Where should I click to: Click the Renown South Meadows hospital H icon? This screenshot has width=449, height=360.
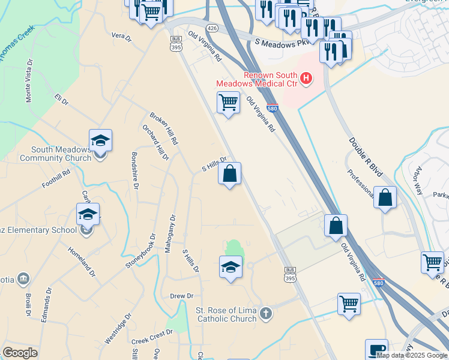[x=307, y=78]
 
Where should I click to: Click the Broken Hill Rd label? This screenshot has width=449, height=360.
[x=164, y=129]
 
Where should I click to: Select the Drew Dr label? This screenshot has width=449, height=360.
[x=181, y=296]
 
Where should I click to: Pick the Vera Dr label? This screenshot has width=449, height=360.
[x=121, y=37]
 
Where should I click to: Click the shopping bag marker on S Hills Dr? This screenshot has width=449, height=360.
[x=230, y=175]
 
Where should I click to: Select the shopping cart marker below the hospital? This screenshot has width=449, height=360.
[x=228, y=103]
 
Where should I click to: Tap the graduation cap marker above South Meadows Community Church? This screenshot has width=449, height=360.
[x=100, y=142]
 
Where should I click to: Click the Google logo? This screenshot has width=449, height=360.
[x=20, y=353]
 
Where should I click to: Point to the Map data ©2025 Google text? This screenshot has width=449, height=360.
[x=412, y=355]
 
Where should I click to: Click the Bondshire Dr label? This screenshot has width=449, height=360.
[x=134, y=170]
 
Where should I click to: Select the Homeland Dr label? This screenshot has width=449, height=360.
[x=82, y=262]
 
